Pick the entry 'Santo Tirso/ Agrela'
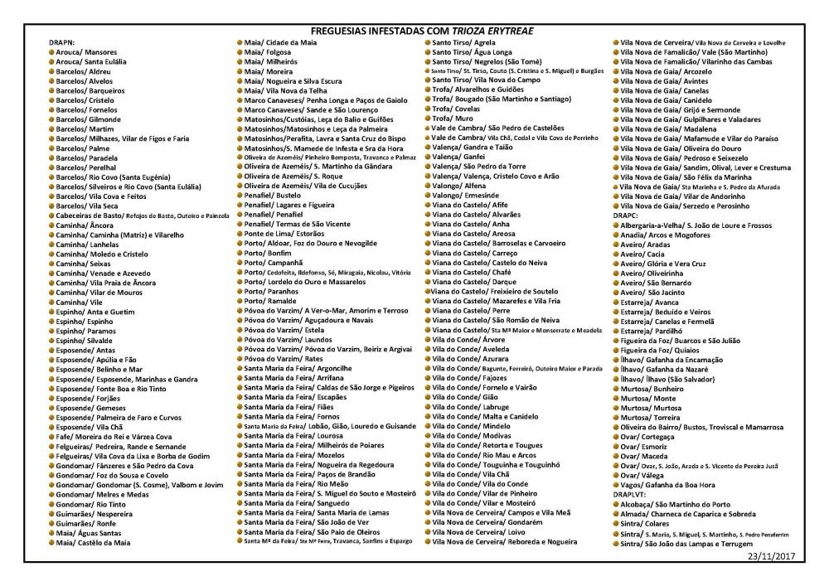[x=463, y=42]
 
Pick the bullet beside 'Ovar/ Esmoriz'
[x=616, y=446]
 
